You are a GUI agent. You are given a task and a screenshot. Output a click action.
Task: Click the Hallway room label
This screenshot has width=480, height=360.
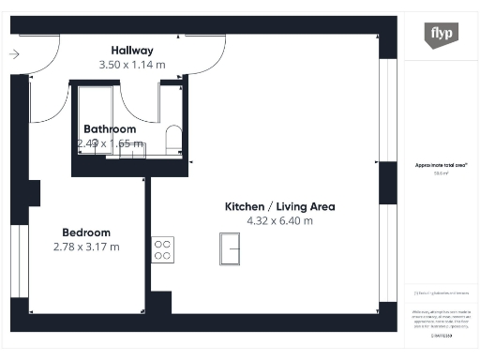click(x=131, y=50)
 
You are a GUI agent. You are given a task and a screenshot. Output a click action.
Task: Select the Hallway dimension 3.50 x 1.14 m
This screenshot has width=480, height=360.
click(x=132, y=65)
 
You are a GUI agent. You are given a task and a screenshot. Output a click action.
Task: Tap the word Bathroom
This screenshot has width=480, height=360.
click(x=110, y=129)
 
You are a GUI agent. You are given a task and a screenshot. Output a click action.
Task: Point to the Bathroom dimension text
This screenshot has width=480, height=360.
click(x=110, y=143)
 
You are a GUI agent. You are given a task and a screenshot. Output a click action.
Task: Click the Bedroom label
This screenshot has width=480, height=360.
click(x=86, y=232)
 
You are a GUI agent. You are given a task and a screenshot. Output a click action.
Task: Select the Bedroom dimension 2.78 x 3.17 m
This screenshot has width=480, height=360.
click(x=86, y=247)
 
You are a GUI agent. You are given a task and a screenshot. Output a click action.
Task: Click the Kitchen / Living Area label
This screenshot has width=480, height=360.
click(x=278, y=206)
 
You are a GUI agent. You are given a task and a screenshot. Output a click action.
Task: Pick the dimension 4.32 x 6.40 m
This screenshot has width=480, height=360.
click(x=278, y=221)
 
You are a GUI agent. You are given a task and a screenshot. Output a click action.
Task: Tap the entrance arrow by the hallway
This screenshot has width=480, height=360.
click(x=14, y=54)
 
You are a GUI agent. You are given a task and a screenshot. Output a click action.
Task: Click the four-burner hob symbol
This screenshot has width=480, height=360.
click(x=162, y=247)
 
